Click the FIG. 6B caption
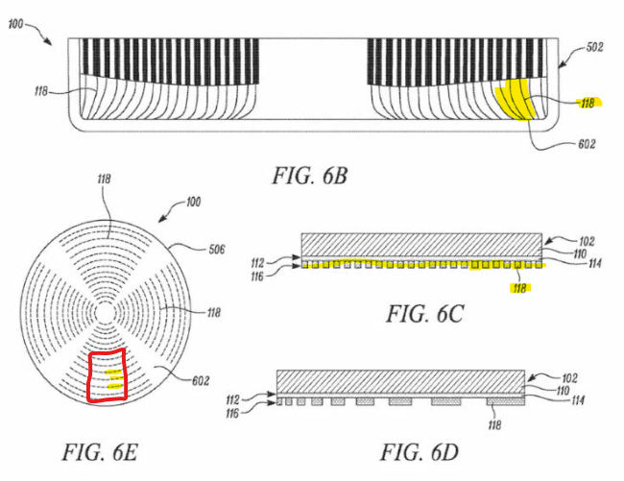(x=310, y=176)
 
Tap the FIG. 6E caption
(x=100, y=452)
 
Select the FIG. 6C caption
(x=425, y=314)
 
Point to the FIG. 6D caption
(x=420, y=452)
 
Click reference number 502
(x=594, y=47)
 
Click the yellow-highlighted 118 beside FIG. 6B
(x=588, y=104)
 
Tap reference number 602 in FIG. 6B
(x=587, y=144)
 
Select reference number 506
(x=217, y=250)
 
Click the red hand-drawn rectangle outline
(x=88, y=376)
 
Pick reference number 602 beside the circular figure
(x=201, y=381)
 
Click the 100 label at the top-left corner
(x=15, y=24)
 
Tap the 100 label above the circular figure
(x=193, y=203)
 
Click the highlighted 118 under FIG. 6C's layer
(x=519, y=288)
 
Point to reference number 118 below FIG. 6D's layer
(x=494, y=425)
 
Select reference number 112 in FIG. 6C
(x=257, y=263)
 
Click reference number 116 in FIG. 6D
(x=233, y=414)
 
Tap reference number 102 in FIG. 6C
(x=587, y=242)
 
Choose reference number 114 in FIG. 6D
(x=578, y=399)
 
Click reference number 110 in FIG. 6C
(x=580, y=253)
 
